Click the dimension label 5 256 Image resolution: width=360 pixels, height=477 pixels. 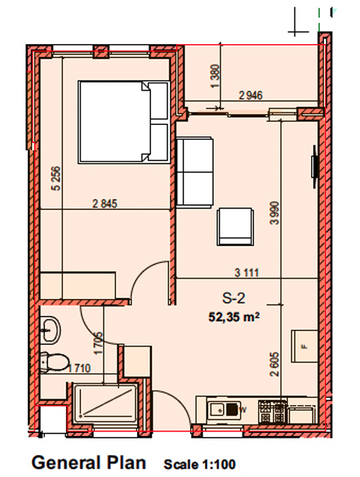point(56,179)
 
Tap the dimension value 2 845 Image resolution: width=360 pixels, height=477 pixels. point(104,203)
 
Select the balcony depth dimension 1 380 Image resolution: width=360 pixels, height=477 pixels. point(215,76)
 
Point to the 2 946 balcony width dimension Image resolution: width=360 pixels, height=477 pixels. point(251,96)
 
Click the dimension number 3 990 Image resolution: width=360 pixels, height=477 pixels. point(274,212)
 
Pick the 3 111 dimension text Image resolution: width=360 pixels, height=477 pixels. point(247,273)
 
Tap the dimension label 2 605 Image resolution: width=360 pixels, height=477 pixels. point(274,364)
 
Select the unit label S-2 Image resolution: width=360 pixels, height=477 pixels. point(233,298)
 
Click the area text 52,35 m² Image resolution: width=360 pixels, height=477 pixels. point(233,317)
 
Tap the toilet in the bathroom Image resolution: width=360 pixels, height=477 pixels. point(54,362)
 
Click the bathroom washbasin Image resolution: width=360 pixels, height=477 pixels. point(51,330)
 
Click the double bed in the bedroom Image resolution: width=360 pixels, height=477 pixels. point(124,123)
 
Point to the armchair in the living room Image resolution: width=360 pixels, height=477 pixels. point(235,226)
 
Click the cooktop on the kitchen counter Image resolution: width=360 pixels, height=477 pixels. point(273,412)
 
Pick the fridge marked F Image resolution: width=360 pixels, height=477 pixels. point(304,346)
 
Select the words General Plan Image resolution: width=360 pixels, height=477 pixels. point(89,463)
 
